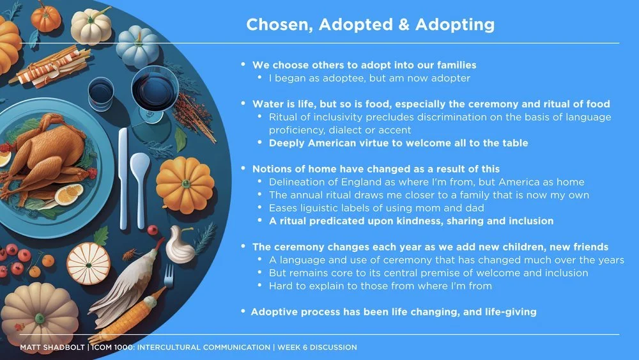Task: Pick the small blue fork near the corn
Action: tap(169, 276)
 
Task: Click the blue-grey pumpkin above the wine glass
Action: tap(137, 47)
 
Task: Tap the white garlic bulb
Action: tap(180, 245)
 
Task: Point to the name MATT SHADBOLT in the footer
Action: tap(52, 347)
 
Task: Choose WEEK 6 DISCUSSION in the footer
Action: tap(317, 347)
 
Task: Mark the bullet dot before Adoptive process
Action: tap(243, 311)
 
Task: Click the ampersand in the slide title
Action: tap(404, 24)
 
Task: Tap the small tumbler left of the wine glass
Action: tap(101, 93)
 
